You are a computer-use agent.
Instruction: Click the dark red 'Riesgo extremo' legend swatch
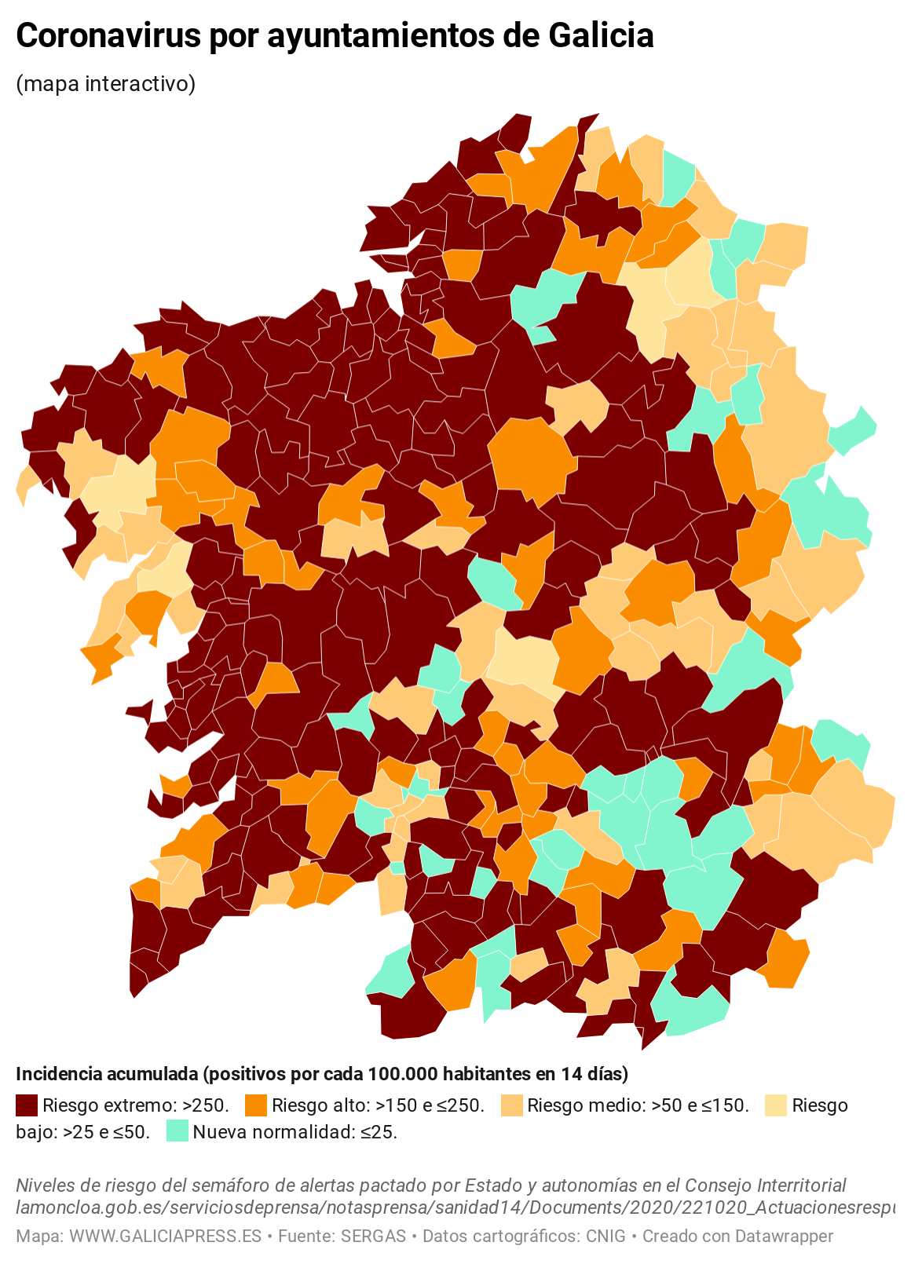pos(27,1105)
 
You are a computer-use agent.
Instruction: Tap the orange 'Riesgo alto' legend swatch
pos(256,1105)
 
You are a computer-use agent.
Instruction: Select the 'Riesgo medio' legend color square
pos(512,1105)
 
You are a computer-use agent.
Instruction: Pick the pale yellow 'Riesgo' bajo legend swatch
pos(776,1105)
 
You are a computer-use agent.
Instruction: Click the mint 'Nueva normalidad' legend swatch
pos(177,1131)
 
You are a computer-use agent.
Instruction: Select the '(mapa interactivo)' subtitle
pos(105,83)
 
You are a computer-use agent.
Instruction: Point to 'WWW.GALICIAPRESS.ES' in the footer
pos(165,1236)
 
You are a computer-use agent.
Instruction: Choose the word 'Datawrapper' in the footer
pos(783,1236)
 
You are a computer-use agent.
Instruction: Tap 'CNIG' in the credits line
pos(606,1236)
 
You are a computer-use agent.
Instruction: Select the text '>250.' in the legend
pos(206,1105)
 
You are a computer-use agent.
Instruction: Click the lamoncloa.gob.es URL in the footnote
pos(455,1207)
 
